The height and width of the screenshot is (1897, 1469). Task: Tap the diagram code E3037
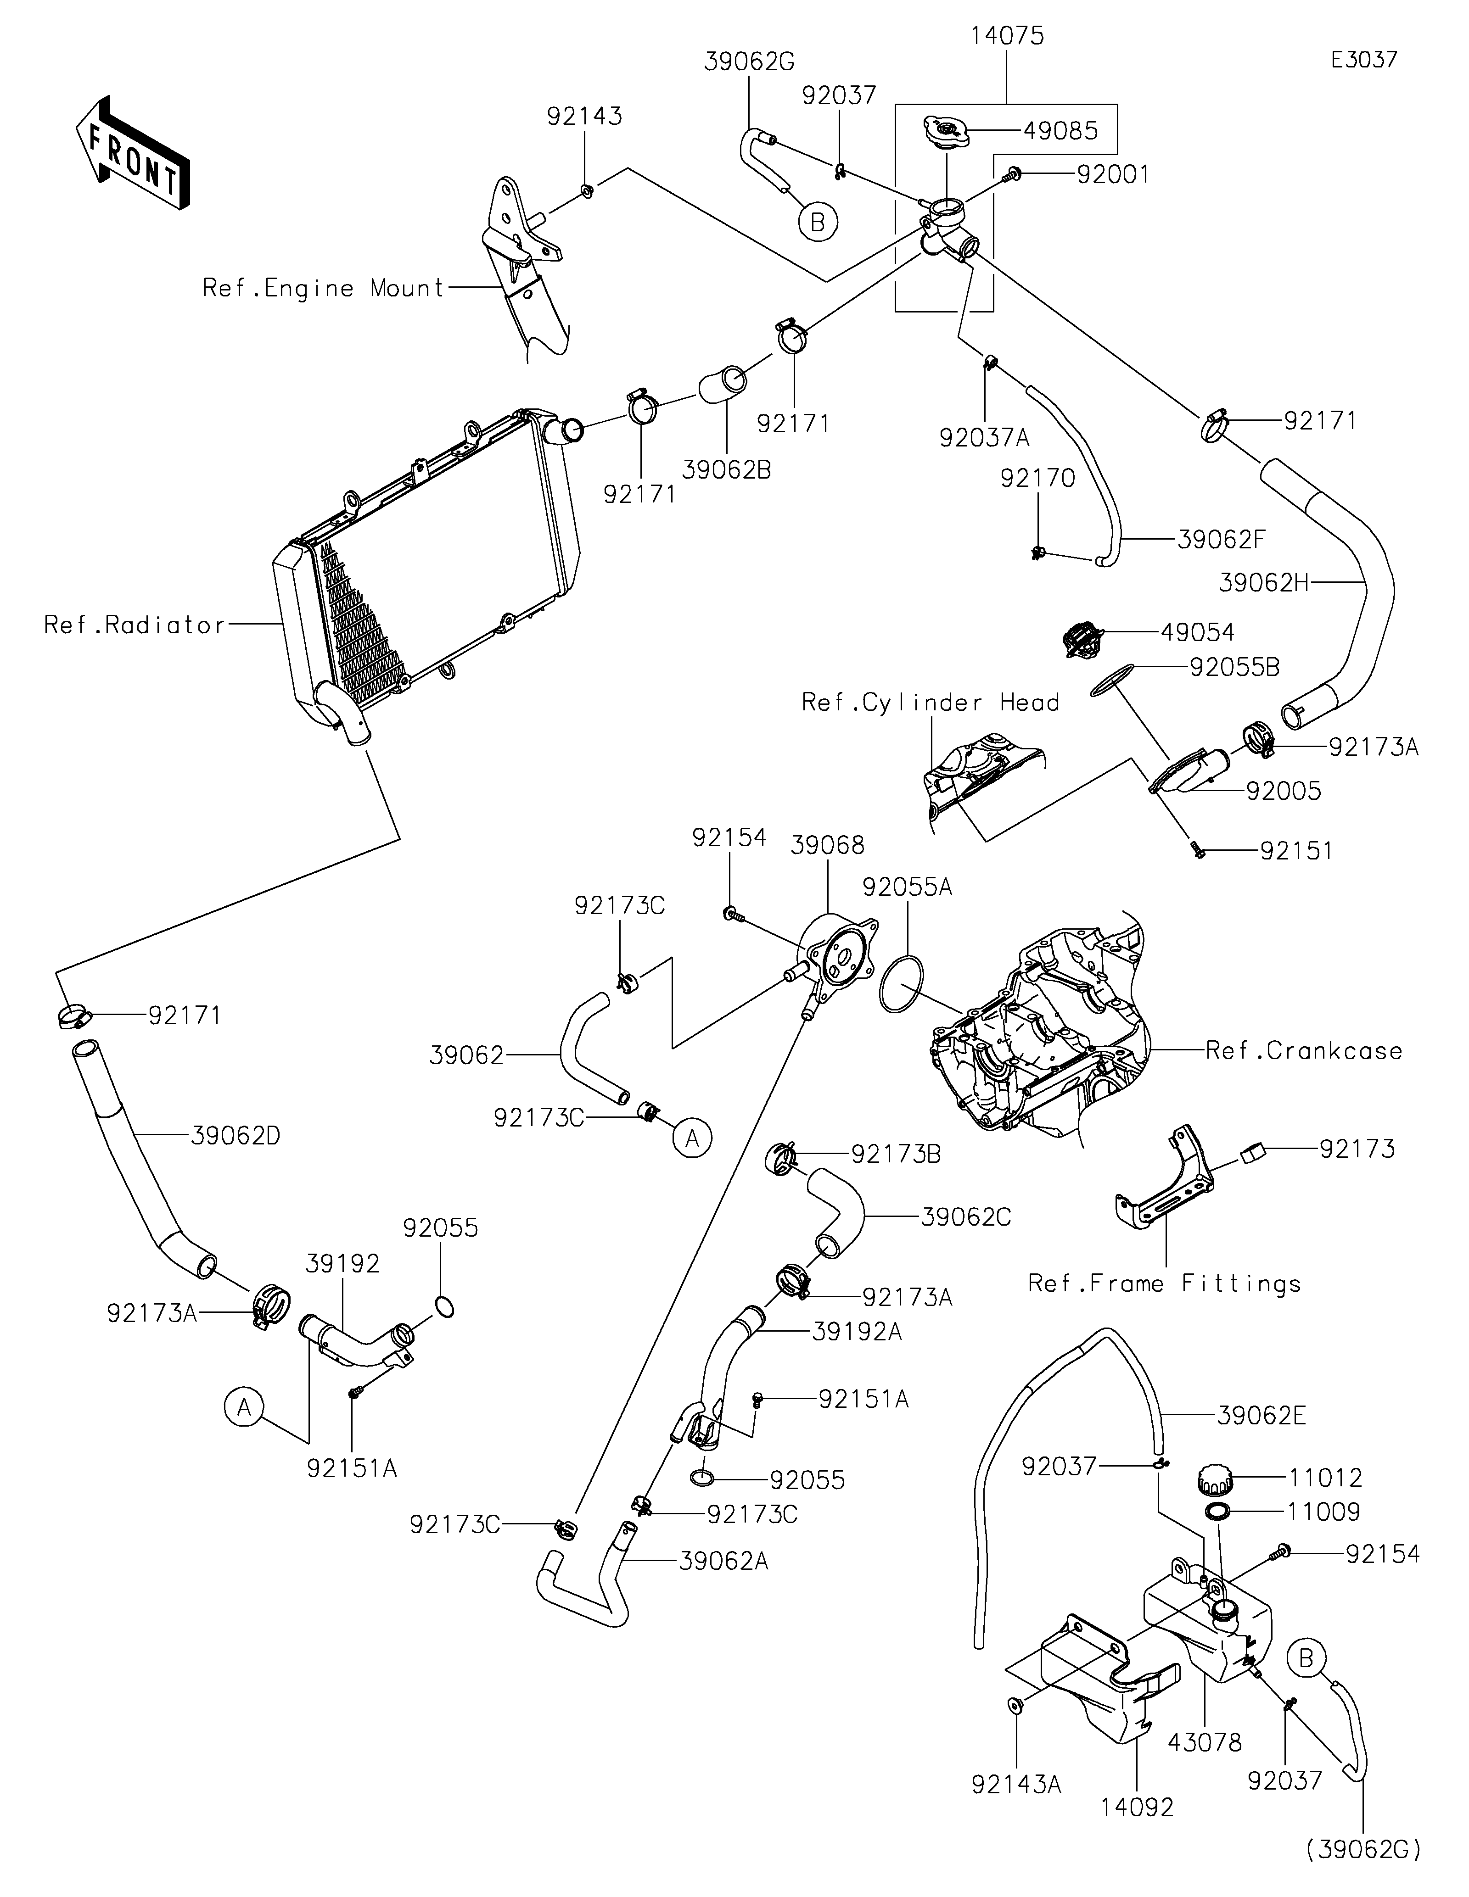click(x=1364, y=60)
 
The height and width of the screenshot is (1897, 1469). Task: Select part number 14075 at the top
click(x=1007, y=37)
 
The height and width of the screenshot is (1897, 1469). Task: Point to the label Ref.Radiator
click(x=135, y=625)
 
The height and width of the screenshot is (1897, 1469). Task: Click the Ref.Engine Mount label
click(x=323, y=288)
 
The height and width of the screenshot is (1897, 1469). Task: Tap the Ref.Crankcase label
click(x=1303, y=1051)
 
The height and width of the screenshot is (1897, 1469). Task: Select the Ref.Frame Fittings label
click(x=1164, y=1284)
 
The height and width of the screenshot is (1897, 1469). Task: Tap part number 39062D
click(x=235, y=1135)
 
